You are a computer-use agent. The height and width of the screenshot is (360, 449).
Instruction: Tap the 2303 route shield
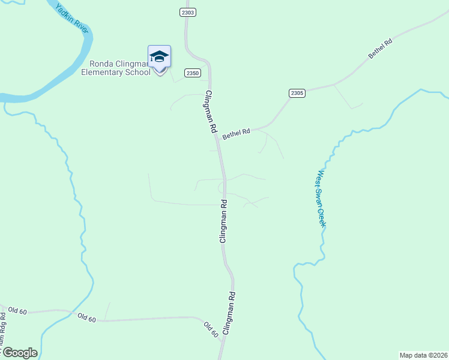point(187,12)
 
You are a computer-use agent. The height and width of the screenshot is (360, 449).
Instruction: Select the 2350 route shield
point(192,73)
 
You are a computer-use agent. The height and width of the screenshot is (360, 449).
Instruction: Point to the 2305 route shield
point(297,93)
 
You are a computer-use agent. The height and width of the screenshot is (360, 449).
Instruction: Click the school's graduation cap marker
point(159,57)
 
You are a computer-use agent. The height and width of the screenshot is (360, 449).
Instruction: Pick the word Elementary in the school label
point(104,73)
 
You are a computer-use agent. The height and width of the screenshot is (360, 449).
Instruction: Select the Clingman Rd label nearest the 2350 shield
point(210,112)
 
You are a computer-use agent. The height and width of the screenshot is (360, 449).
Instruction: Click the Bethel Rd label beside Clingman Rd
point(236,133)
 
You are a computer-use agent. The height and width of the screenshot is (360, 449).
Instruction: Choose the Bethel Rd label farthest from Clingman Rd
point(380,49)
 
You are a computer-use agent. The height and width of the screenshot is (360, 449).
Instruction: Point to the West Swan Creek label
point(321,198)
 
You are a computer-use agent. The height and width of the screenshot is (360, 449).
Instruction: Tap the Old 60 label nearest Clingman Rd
point(210,329)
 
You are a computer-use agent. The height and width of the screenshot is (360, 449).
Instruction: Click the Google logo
point(20,353)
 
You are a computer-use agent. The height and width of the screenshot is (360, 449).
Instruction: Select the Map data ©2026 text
point(423,355)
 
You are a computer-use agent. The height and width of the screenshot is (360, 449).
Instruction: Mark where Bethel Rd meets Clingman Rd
point(218,139)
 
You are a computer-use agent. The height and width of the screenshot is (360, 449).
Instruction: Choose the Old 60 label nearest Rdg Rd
point(17,311)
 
